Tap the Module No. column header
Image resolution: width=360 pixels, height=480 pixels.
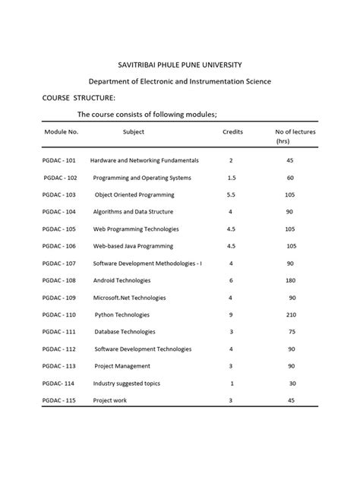62,131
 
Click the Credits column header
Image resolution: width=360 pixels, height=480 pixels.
232,131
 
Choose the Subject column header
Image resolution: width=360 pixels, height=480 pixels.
134,131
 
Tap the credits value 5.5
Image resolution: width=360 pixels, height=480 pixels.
231,194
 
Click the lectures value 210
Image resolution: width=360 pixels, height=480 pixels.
292,314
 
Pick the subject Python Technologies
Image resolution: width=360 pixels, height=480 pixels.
122,314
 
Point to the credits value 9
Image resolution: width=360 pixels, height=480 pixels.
230,314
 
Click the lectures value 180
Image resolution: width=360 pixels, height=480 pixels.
292,280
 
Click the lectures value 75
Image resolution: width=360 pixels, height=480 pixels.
292,332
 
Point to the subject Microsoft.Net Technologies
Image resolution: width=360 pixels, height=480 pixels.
129,298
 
